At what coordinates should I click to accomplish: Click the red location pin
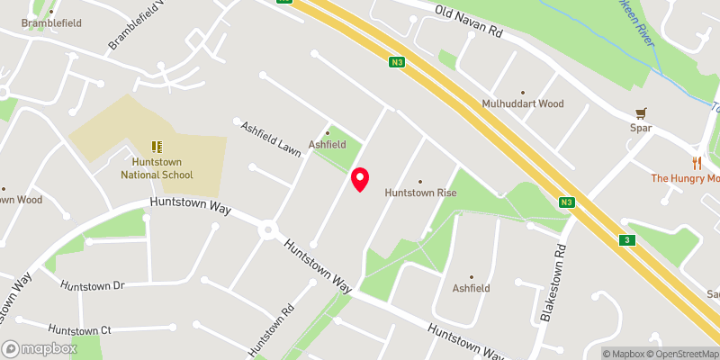pos(360,179)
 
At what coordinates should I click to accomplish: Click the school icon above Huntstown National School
pos(157,146)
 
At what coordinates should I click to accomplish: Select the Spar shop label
pos(640,128)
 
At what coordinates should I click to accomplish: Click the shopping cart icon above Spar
pos(640,113)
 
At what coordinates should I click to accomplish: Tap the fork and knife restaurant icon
pos(696,163)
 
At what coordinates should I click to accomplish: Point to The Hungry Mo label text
pos(686,178)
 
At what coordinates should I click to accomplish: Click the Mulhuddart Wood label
pos(522,103)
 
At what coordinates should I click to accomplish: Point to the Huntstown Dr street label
pos(91,284)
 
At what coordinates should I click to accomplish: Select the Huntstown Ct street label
pos(79,330)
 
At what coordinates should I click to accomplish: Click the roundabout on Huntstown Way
pos(267,230)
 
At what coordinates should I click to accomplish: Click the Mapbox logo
pos(39,348)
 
